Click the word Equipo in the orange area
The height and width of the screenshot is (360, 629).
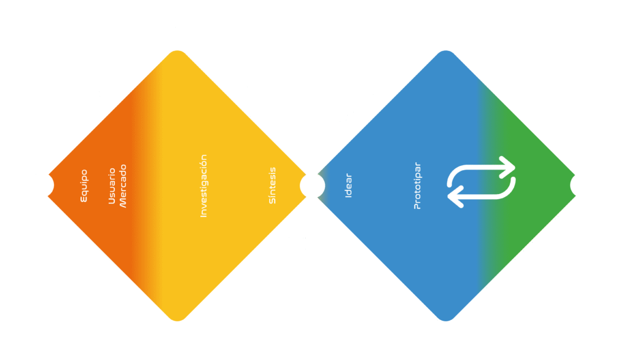click(84, 186)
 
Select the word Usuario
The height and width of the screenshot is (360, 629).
click(112, 185)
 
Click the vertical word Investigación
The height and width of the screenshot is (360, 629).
click(204, 186)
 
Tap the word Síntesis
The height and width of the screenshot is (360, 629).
click(273, 185)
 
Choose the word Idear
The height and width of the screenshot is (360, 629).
click(348, 185)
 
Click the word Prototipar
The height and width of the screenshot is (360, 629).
click(418, 186)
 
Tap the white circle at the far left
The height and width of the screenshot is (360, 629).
click(41, 185)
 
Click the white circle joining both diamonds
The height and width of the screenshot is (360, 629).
click(312, 185)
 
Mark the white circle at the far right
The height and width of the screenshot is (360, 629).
click(582, 185)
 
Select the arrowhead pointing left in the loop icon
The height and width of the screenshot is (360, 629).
click(455, 197)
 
